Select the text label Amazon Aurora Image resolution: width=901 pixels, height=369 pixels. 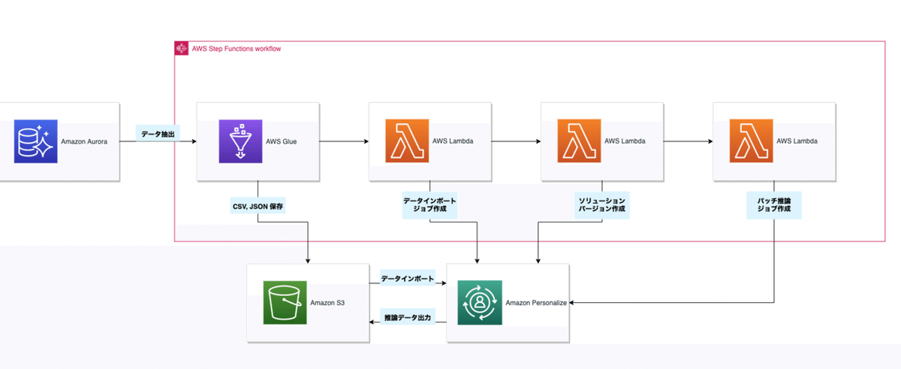85,141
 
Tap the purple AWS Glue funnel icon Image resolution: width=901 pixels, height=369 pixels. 240,141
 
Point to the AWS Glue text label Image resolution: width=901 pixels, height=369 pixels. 282,141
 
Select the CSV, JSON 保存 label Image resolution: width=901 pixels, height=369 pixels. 258,204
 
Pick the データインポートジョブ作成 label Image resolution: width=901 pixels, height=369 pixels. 430,204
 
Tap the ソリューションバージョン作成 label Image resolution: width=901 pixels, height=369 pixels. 601,204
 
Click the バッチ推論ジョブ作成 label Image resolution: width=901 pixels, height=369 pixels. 775,204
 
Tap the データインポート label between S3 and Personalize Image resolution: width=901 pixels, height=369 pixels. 407,279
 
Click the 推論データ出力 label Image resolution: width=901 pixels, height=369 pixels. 407,318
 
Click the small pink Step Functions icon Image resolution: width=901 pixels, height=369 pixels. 181,49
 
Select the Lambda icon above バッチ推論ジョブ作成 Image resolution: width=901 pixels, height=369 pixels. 752,141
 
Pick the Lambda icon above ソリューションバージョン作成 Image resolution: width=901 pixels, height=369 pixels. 580,141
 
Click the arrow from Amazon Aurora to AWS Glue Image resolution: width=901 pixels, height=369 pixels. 186,141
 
